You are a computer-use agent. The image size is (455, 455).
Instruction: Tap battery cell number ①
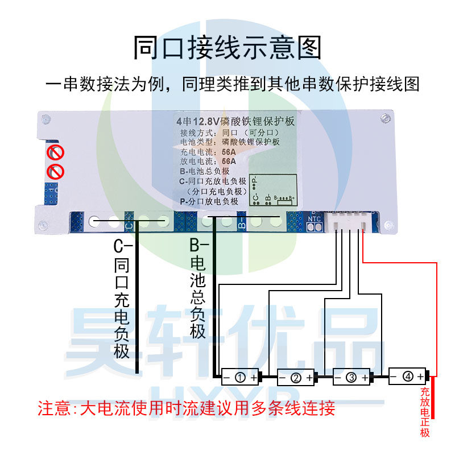pyautogui.click(x=240, y=377)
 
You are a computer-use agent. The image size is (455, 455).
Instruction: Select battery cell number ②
pyautogui.click(x=295, y=377)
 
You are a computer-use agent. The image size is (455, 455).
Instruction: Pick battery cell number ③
pyautogui.click(x=351, y=377)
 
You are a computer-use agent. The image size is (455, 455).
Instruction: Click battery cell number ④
pyautogui.click(x=407, y=376)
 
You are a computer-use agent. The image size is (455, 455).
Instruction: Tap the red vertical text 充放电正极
pyautogui.click(x=425, y=412)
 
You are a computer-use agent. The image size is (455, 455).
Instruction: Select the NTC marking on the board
pyautogui.click(x=315, y=218)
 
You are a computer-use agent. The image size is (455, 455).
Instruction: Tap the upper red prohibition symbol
pyautogui.click(x=55, y=152)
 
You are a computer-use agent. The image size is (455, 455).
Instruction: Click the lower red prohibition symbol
pyautogui.click(x=55, y=171)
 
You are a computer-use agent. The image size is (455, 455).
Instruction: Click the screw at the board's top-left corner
pyautogui.click(x=47, y=121)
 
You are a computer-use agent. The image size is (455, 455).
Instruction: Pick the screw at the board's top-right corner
pyautogui.click(x=386, y=119)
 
